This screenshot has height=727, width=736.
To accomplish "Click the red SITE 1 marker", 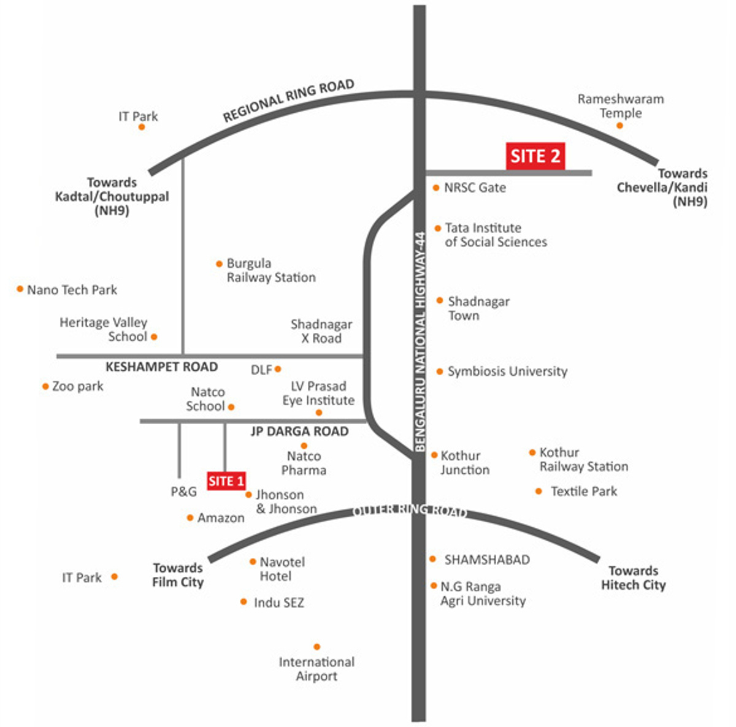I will pyautogui.click(x=226, y=481).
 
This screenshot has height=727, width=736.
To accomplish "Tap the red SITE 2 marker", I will pyautogui.click(x=535, y=156).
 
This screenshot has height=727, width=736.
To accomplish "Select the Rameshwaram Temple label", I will pyautogui.click(x=621, y=106).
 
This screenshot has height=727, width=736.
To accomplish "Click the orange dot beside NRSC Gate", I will pyautogui.click(x=436, y=188).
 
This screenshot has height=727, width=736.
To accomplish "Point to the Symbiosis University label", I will pyautogui.click(x=507, y=371).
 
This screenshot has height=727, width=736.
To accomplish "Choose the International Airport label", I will pyautogui.click(x=316, y=669).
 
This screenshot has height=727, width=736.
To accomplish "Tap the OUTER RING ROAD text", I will pyautogui.click(x=410, y=511).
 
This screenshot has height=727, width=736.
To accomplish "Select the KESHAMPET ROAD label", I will pyautogui.click(x=161, y=367).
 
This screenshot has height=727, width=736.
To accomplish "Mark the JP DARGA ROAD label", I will pyautogui.click(x=299, y=432).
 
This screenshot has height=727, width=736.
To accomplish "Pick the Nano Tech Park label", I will pyautogui.click(x=72, y=290).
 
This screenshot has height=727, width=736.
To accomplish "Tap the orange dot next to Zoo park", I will pyautogui.click(x=45, y=386).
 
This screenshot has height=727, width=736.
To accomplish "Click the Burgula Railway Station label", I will pyautogui.click(x=271, y=270).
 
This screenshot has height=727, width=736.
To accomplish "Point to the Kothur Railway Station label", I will pyautogui.click(x=583, y=460).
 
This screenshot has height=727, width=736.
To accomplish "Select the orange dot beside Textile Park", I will pyautogui.click(x=539, y=491).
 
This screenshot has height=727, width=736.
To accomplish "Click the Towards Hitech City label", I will pyautogui.click(x=633, y=578).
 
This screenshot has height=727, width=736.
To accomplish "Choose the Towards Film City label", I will pyautogui.click(x=178, y=575).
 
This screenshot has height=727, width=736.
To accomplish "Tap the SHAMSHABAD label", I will pyautogui.click(x=487, y=560).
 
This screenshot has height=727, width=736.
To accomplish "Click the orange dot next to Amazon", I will pyautogui.click(x=190, y=518).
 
